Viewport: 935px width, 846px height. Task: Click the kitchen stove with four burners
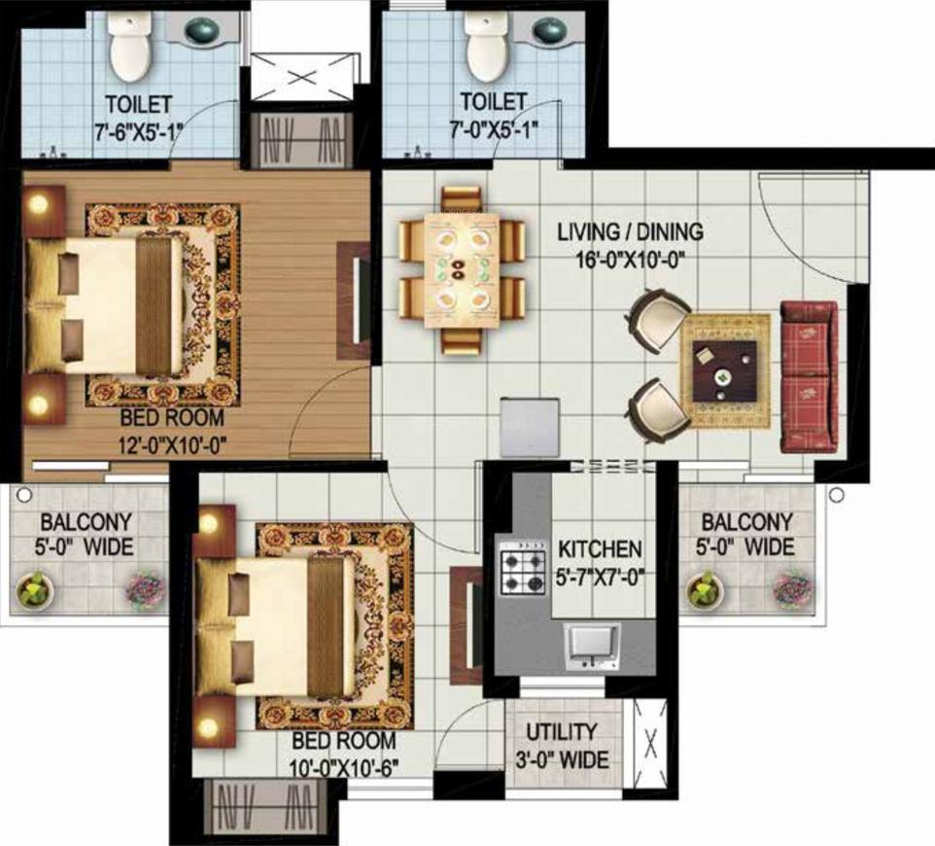click(524, 569)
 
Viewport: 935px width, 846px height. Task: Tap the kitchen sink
click(592, 647)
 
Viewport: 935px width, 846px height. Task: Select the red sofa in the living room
click(810, 376)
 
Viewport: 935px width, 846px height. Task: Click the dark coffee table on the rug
click(725, 371)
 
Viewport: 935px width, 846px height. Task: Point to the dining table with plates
click(462, 270)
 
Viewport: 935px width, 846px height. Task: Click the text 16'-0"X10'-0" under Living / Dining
click(629, 261)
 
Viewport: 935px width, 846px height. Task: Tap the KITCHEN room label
click(600, 549)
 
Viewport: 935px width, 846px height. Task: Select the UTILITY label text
click(561, 731)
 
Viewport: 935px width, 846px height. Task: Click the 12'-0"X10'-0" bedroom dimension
click(173, 444)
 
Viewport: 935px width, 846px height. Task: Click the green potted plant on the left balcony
click(35, 590)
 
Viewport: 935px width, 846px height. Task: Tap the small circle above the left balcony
click(24, 495)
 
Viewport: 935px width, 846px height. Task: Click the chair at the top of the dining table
click(461, 200)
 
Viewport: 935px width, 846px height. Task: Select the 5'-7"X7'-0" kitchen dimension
click(600, 577)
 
